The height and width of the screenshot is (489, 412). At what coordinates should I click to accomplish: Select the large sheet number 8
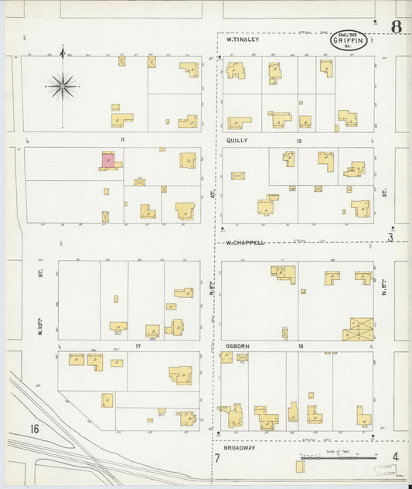coord(396,28)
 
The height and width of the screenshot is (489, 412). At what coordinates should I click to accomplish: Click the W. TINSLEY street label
coord(241,39)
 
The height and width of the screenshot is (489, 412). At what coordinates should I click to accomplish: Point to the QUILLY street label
coord(237,142)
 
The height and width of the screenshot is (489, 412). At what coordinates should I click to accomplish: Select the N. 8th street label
coord(383,289)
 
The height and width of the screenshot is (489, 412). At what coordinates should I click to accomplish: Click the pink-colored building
coord(108,160)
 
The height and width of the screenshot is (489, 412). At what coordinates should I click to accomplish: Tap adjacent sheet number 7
coord(217,458)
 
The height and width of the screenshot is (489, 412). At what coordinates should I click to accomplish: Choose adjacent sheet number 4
coord(395,457)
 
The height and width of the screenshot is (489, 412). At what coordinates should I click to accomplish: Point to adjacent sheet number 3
coord(391,238)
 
